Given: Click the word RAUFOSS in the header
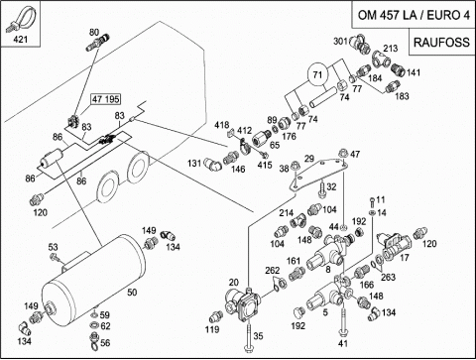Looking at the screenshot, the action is [441, 43].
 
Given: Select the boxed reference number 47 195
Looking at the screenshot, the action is [106, 99].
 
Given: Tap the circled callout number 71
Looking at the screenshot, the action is [317, 74].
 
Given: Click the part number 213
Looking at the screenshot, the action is [391, 49].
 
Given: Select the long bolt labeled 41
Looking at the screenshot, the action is [343, 317].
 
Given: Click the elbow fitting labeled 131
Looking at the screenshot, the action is [213, 164].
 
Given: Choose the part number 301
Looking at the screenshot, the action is [340, 41].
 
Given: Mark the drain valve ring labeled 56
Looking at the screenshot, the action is [94, 341].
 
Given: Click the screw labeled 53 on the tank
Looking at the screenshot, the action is [54, 257].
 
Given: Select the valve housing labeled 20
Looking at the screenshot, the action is [243, 303].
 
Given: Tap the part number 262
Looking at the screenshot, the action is [273, 271].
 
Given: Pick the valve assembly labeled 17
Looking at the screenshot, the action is [395, 246].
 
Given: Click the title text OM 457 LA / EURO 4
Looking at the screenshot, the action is [414, 15].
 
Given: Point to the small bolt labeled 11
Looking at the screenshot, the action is [372, 200].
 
